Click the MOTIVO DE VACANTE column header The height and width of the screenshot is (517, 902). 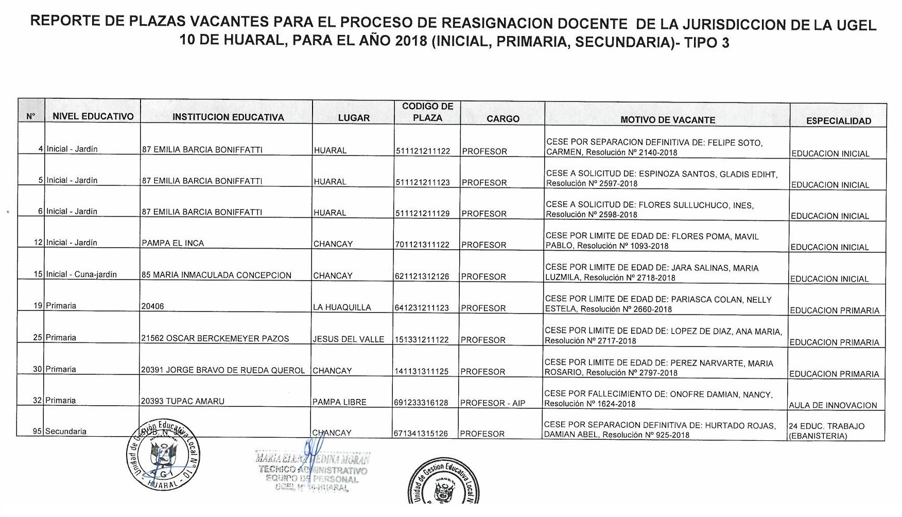(667, 120)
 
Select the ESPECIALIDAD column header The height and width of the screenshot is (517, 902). (839, 121)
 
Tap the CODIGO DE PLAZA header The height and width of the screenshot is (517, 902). (427, 112)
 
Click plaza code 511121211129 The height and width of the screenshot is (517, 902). (423, 214)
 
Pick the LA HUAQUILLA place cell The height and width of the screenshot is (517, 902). (342, 307)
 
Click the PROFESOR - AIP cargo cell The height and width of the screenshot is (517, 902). (493, 403)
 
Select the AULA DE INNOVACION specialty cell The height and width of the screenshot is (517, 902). (833, 405)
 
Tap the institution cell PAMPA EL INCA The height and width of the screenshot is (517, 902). (173, 243)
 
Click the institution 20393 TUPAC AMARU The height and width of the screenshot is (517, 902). (183, 401)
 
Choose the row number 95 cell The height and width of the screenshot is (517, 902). (37, 432)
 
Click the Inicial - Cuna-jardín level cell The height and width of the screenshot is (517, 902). (81, 274)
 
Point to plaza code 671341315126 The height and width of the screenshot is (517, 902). (421, 434)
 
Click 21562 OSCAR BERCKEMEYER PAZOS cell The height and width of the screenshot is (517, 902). (215, 339)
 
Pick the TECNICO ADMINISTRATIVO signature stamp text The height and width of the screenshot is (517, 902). (313, 470)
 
